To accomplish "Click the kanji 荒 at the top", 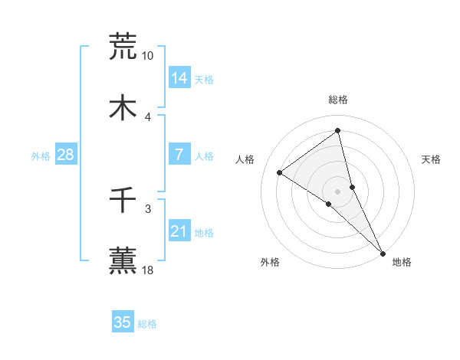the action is click(x=123, y=46).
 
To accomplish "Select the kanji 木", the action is click(x=123, y=107).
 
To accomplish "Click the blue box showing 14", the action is click(x=179, y=78).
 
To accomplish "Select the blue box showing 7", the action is click(x=179, y=155).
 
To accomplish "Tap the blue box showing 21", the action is click(x=179, y=231).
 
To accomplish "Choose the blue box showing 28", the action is click(x=65, y=155).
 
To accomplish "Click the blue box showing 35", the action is click(x=123, y=322).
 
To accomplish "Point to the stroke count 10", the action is click(x=148, y=56).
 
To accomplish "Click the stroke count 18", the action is click(x=148, y=270).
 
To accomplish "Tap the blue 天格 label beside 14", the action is click(x=204, y=79).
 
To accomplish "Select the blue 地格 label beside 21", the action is click(x=204, y=232).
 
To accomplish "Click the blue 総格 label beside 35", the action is click(x=147, y=323).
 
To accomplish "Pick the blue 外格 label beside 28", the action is click(x=41, y=155).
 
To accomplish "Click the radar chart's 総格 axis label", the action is click(x=338, y=100).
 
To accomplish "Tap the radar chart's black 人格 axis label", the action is click(x=245, y=159).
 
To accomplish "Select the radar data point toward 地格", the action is click(x=383, y=253).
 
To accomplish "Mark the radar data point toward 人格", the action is click(x=280, y=173).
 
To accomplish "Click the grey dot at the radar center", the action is click(x=338, y=190).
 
